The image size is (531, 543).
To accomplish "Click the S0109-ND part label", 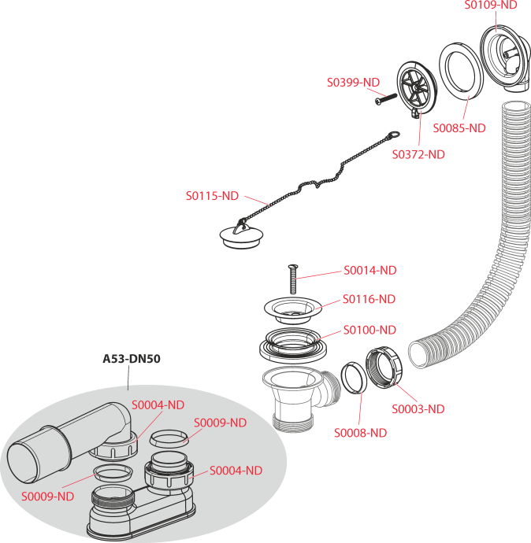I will point(491,5).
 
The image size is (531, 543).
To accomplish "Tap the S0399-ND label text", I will point(354,82).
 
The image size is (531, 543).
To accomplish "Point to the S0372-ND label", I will point(418,154).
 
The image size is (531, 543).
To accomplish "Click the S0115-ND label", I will point(212,196).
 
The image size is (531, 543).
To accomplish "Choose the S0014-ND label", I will point(369,270).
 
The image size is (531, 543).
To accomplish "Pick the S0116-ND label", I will point(369,299).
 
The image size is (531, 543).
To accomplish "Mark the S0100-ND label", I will point(369,330).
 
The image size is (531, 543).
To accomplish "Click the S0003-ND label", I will point(418,409).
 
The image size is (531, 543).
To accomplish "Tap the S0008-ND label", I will point(360,433).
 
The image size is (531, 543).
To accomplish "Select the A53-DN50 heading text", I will point(132,359).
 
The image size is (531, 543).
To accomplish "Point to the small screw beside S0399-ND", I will point(384,97).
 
